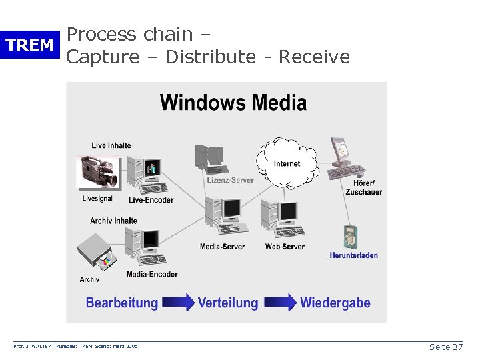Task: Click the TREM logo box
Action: (x=29, y=45)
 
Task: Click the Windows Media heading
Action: (x=233, y=103)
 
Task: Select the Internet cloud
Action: (x=287, y=162)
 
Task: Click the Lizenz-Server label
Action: (x=230, y=180)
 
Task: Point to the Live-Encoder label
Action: (x=151, y=199)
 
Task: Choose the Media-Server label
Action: (x=222, y=247)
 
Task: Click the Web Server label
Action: (x=285, y=247)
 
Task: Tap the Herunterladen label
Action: (x=353, y=255)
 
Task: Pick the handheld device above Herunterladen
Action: (x=351, y=237)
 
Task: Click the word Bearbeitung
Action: (x=122, y=303)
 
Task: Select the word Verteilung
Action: (x=227, y=303)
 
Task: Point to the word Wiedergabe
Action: (x=335, y=303)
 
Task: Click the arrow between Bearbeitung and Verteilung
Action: (x=178, y=303)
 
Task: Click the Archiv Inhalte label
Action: (x=113, y=221)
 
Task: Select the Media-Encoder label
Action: (x=152, y=274)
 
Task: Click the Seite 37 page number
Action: (x=446, y=347)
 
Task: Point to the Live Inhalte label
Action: (x=111, y=145)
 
